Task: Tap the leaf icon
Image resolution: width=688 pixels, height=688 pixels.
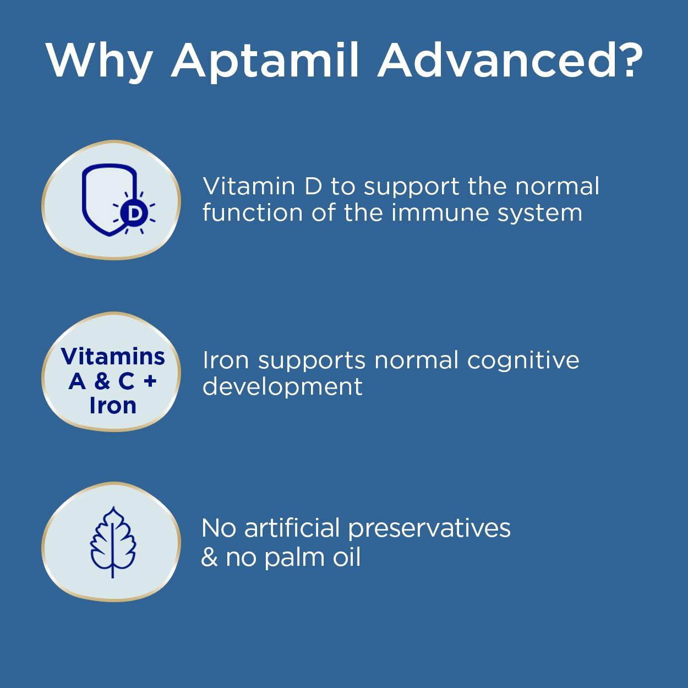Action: coord(112,542)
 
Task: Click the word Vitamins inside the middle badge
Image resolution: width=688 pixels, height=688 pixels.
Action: coord(113,356)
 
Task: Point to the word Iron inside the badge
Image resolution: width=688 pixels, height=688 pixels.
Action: coord(112,405)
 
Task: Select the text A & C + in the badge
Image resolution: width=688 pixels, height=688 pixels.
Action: coord(112,381)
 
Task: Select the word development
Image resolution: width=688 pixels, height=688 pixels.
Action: coord(282,387)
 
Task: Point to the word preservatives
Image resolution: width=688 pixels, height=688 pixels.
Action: coord(429,529)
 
